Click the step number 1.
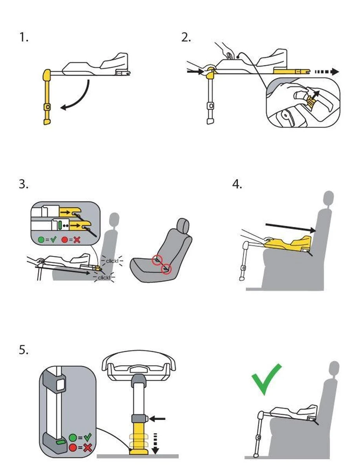[23, 38]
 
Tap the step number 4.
[237, 184]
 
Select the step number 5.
[23, 350]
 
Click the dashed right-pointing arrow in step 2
[325, 72]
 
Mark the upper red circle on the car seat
[157, 259]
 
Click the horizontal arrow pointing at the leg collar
[158, 419]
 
